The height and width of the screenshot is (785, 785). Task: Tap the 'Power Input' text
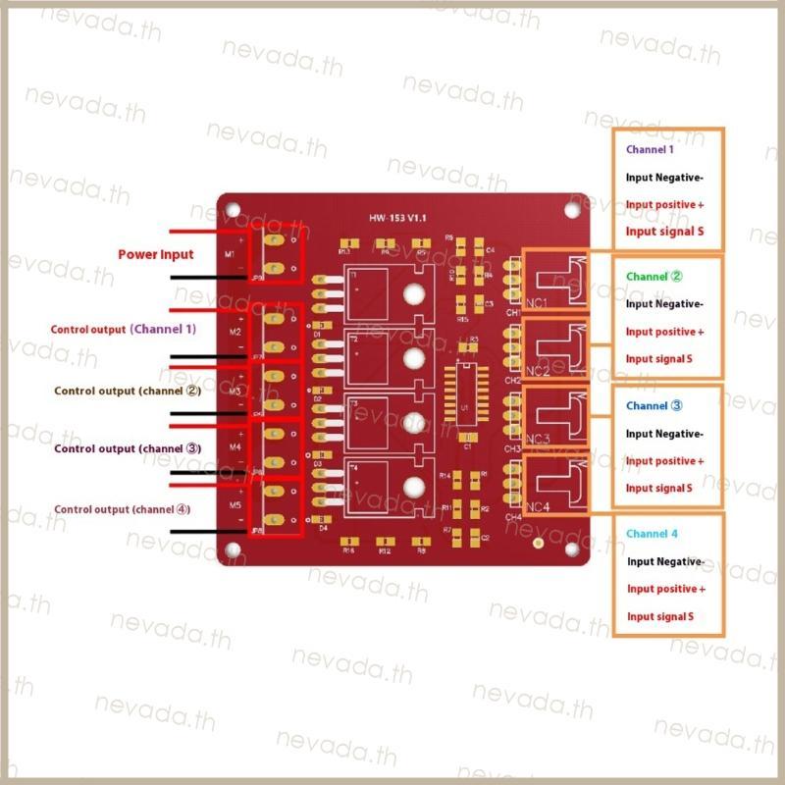[156, 254]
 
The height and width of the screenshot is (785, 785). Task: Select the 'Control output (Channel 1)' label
[123, 329]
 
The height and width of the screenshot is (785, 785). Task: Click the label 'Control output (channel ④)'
[122, 509]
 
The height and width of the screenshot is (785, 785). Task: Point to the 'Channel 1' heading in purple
[650, 150]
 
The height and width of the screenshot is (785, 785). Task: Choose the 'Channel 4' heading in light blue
[651, 533]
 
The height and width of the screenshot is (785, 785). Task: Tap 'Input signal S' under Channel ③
[658, 488]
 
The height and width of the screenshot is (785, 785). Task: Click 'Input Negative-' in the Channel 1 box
[664, 178]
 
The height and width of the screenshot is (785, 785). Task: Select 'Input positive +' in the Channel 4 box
[666, 589]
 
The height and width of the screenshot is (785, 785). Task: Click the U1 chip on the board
[464, 402]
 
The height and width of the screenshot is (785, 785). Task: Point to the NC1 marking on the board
[537, 301]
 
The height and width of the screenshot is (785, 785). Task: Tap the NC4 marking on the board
[538, 506]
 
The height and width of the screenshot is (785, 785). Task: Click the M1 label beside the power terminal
[232, 254]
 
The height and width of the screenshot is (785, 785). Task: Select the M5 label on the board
[235, 505]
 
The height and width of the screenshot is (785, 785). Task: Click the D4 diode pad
[320, 517]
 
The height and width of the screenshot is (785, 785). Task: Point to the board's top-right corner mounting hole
[573, 208]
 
